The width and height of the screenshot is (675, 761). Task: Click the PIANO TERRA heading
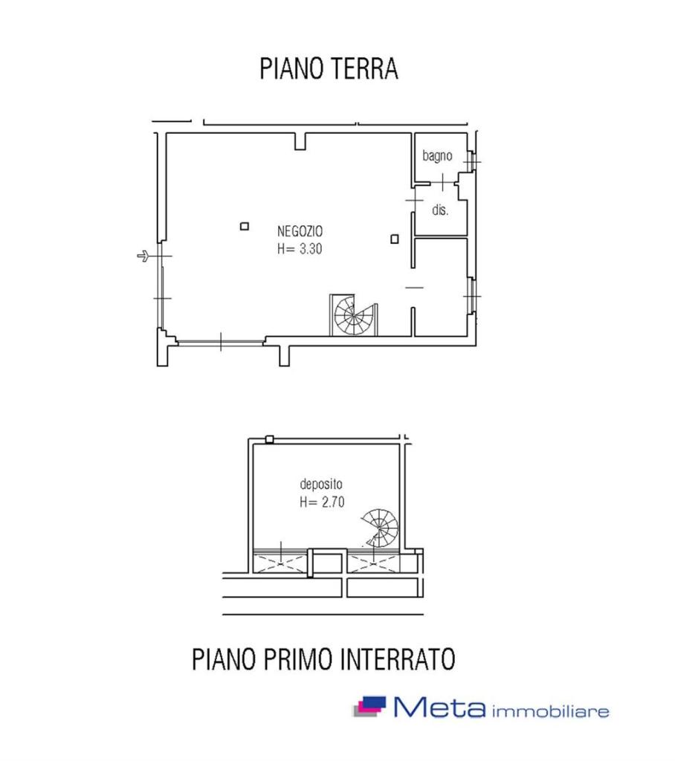pyautogui.click(x=329, y=68)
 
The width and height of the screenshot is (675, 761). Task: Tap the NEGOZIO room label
pyautogui.click(x=300, y=231)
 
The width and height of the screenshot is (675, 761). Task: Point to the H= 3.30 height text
pyautogui.click(x=300, y=248)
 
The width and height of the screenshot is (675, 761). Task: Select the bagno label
pyautogui.click(x=437, y=156)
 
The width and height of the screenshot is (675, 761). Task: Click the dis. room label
pyautogui.click(x=440, y=210)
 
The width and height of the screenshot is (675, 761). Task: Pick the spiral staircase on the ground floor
pyautogui.click(x=354, y=315)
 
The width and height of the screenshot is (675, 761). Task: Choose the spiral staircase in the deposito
pyautogui.click(x=380, y=528)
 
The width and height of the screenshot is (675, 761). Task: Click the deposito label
pyautogui.click(x=321, y=484)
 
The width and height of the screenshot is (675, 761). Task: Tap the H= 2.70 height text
pyautogui.click(x=322, y=502)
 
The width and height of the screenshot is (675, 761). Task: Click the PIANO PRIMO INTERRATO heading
pyautogui.click(x=323, y=658)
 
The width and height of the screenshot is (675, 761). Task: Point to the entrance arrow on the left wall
pyautogui.click(x=143, y=256)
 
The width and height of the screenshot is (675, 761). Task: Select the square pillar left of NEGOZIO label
pyautogui.click(x=245, y=226)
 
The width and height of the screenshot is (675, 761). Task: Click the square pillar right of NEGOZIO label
pyautogui.click(x=395, y=239)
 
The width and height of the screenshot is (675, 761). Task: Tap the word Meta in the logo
pyautogui.click(x=439, y=707)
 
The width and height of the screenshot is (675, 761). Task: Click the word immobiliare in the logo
pyautogui.click(x=551, y=711)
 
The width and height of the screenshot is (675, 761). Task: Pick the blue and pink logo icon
pyautogui.click(x=369, y=707)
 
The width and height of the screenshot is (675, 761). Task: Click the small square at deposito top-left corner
pyautogui.click(x=270, y=439)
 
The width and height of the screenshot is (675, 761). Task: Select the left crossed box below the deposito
pyautogui.click(x=280, y=563)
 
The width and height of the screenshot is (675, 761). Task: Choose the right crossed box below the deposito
pyautogui.click(x=373, y=563)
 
